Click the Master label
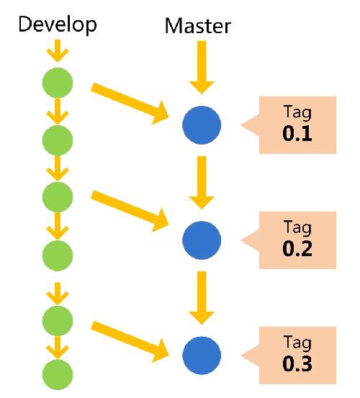coord(198,27)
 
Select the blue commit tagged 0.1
coord(202,125)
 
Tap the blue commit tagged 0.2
coord(202,240)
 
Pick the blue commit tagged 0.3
coord(202,355)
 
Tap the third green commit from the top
coord(58,196)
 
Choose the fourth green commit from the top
coord(58,254)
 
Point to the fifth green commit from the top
coord(58,317)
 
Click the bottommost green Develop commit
coord(58,374)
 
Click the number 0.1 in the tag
coord(297,133)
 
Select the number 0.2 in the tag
coord(297,248)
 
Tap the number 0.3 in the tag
coord(297,363)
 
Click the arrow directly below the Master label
coord(202,67)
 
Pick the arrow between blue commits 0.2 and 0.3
coord(202,298)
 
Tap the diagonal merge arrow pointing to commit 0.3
coord(130,340)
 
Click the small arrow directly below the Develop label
coord(58,52)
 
